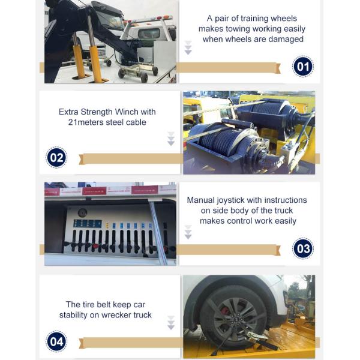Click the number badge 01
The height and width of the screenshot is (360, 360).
point(303,67)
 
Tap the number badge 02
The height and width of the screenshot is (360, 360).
point(56,157)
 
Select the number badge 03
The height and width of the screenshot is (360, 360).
point(303,248)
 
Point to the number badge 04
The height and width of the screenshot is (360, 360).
point(56,341)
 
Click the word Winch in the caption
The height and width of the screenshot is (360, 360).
point(127,112)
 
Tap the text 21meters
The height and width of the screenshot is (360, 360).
point(86,122)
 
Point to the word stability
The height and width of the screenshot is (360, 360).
point(73,315)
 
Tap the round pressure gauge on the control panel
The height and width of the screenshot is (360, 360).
point(82,213)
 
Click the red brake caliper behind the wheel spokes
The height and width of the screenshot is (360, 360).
point(225,311)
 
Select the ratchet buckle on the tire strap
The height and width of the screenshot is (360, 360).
point(257,336)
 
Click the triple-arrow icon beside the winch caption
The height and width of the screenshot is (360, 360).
point(171,139)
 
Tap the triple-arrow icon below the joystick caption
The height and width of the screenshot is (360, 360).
point(188,232)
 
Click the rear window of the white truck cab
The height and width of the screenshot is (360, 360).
point(149,34)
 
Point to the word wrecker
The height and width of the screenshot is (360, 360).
point(116,315)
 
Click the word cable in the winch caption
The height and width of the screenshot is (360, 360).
point(136,122)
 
